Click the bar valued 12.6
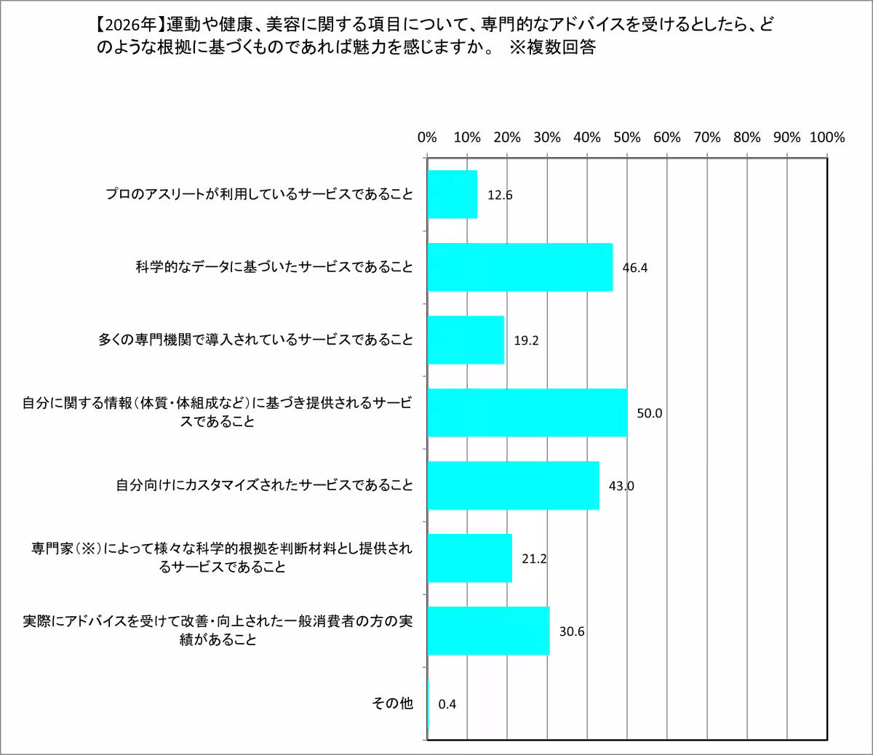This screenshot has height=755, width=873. point(453,194)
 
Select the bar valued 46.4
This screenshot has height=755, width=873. point(520,267)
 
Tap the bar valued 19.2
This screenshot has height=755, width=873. point(466,340)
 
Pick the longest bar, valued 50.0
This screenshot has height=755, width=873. point(527,412)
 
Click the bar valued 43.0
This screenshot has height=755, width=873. point(514,485)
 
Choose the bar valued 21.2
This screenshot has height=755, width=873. point(470,558)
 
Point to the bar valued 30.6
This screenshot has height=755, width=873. point(489,631)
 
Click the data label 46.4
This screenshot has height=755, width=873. point(635,267)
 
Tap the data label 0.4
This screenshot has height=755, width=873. point(447,703)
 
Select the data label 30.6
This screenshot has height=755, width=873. point(572,631)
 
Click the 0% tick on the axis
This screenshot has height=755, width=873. point(428,137)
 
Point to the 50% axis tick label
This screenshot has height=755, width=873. point(627,137)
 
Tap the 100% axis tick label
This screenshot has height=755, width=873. point(826,137)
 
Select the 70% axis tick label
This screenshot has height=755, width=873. point(707,137)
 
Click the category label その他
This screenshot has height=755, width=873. point(392,703)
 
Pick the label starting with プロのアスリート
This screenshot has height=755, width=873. point(258,194)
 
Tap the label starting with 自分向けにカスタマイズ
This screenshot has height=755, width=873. point(264,485)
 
